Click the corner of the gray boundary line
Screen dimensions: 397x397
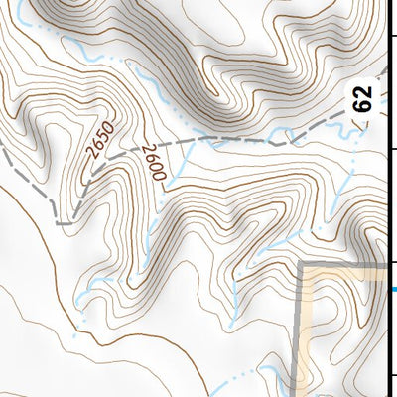(x=303, y=263)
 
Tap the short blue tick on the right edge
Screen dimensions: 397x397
(x=394, y=290)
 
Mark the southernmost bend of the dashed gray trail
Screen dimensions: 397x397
(x=64, y=223)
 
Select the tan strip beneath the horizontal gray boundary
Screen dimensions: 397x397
(x=347, y=270)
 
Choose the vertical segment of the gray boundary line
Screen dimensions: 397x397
(x=301, y=328)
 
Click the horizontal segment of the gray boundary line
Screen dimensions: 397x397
(x=347, y=263)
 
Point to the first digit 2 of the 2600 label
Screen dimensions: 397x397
(x=146, y=150)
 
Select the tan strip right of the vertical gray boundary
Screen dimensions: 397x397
(x=308, y=337)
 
